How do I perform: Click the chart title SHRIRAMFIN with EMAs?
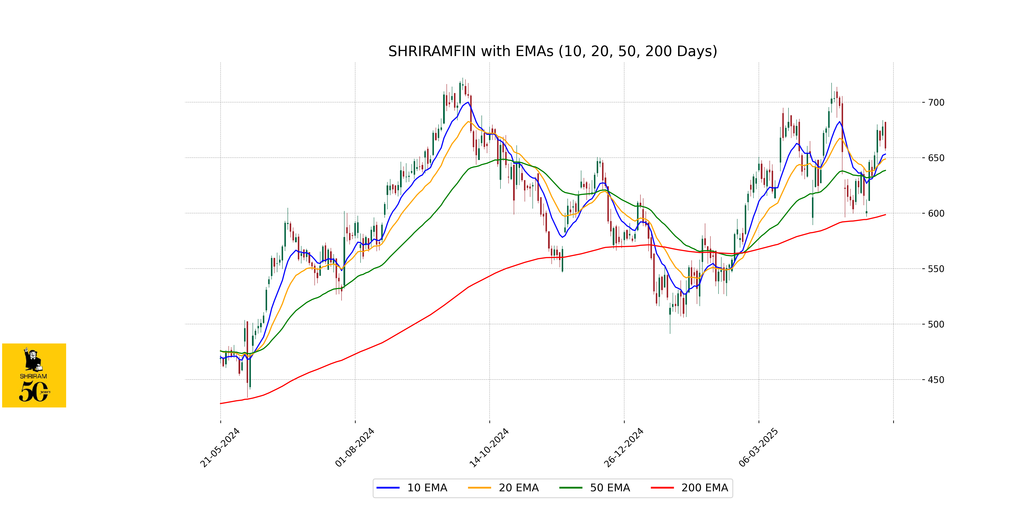pos(553,51)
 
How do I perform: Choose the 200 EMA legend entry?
pos(704,488)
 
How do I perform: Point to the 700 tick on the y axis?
pos(936,103)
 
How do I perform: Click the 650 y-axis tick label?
pos(936,158)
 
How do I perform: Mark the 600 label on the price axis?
pos(936,214)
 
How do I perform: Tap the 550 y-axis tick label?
pos(936,269)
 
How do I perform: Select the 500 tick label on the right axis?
pos(936,324)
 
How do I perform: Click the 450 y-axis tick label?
pos(936,380)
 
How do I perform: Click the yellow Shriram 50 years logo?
pos(34,375)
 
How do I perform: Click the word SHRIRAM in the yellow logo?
pos(33,376)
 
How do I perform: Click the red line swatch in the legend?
pos(662,488)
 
